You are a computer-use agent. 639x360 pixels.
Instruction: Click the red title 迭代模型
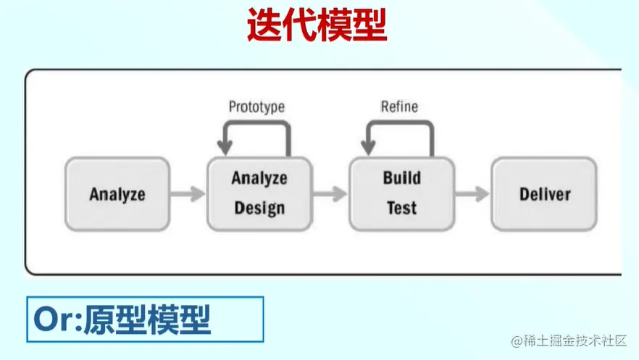click(316, 27)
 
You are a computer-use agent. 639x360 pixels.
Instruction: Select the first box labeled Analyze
click(117, 193)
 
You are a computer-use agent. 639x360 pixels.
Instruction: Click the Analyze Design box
click(259, 193)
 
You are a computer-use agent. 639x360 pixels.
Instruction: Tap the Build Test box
click(401, 193)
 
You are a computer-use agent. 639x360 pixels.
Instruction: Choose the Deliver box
click(544, 193)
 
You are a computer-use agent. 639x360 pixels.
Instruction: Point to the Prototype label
click(256, 106)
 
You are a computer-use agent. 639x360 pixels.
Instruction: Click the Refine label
click(399, 106)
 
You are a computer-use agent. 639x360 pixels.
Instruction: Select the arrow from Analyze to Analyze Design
click(188, 193)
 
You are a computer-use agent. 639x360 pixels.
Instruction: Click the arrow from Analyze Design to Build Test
click(330, 193)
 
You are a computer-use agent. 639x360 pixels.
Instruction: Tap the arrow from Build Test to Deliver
click(472, 193)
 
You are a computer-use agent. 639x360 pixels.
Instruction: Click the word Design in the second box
click(259, 209)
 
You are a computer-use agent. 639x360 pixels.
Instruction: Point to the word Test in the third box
click(401, 209)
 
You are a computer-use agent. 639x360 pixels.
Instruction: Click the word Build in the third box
click(401, 178)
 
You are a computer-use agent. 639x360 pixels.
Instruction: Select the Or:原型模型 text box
click(145, 319)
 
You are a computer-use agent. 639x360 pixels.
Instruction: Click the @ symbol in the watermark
click(517, 340)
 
